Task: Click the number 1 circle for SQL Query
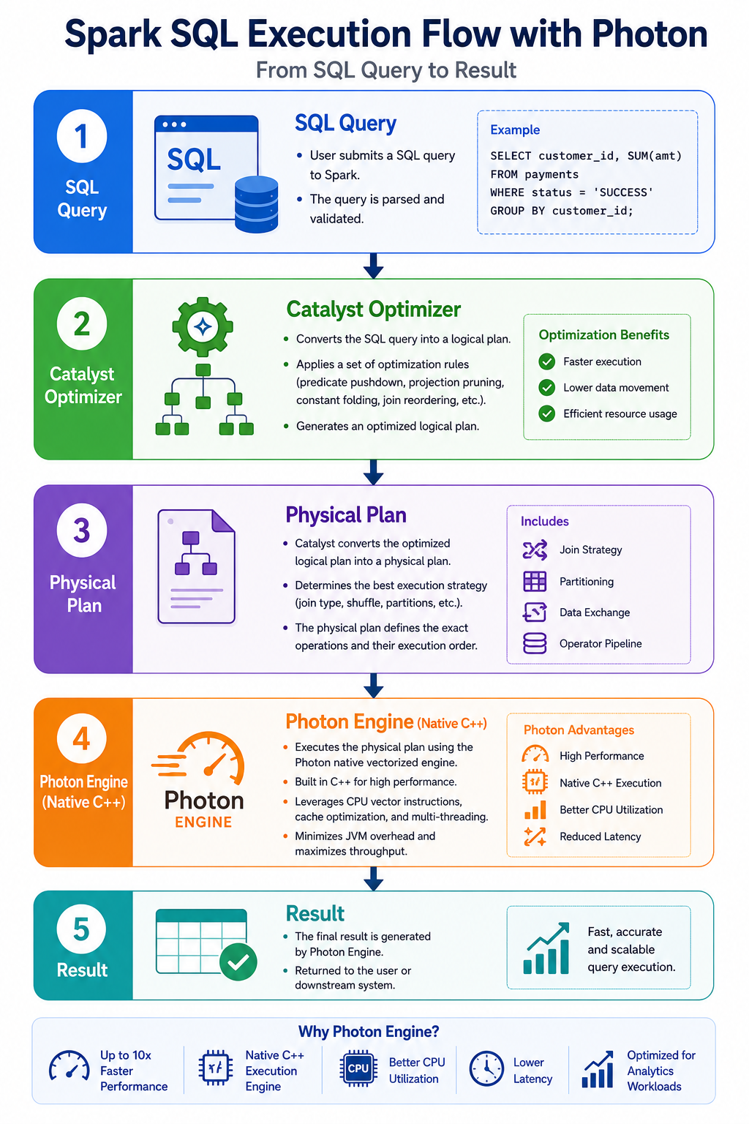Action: [82, 136]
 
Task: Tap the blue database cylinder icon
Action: [256, 204]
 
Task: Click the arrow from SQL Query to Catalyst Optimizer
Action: [374, 266]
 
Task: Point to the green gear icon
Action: [203, 327]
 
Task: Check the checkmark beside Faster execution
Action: [547, 361]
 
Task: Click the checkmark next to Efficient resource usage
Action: [547, 414]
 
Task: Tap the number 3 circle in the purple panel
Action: [82, 531]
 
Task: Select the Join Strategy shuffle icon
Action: [535, 550]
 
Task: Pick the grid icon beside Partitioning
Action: [535, 582]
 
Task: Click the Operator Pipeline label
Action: [601, 644]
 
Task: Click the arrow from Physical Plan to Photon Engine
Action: [374, 686]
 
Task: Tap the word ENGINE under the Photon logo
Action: [203, 823]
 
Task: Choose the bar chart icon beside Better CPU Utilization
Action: [535, 810]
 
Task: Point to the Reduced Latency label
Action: [601, 836]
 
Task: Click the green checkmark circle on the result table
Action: [238, 962]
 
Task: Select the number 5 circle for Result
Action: [82, 929]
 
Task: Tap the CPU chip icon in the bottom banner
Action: [358, 1068]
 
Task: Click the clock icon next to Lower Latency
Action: [486, 1069]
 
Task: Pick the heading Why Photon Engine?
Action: [369, 1032]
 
